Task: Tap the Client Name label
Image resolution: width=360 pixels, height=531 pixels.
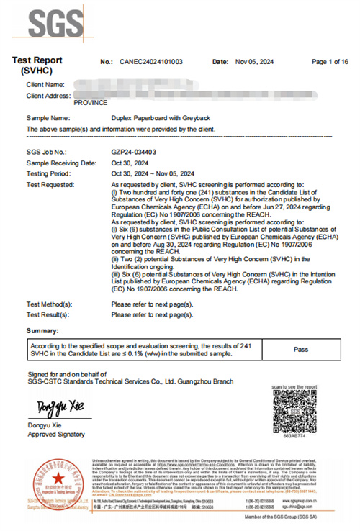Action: pyautogui.click(x=46, y=86)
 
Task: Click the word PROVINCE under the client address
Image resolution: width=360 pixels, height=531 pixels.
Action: pyautogui.click(x=90, y=103)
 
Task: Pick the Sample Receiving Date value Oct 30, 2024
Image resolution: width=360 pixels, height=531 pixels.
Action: pyautogui.click(x=130, y=163)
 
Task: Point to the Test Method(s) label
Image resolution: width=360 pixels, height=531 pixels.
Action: pyautogui.click(x=49, y=305)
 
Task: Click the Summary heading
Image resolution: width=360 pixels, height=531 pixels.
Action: pyautogui.click(x=42, y=330)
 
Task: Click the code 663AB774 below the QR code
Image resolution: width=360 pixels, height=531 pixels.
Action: pyautogui.click(x=294, y=435)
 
